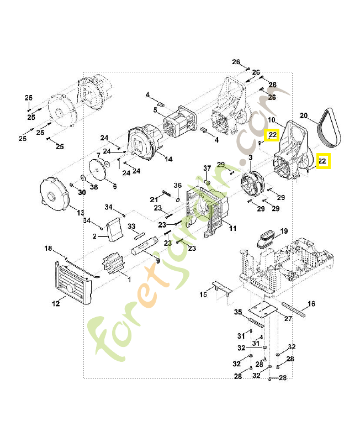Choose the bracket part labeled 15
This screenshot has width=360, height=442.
(x=219, y=288)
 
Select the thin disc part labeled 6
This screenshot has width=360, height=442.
(x=99, y=169)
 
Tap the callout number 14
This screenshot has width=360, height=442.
(x=168, y=159)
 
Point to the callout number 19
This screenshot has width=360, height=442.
(x=284, y=231)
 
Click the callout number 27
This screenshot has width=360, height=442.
(x=288, y=319)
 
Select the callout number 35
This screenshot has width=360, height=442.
(x=239, y=312)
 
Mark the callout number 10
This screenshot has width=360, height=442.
(x=271, y=120)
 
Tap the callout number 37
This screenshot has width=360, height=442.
(x=208, y=168)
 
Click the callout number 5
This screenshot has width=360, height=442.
(x=155, y=110)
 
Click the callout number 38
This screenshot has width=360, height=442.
(x=94, y=187)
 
